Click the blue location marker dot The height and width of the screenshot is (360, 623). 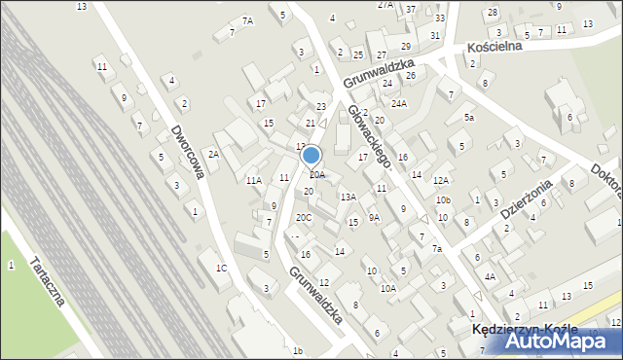pos(311,155)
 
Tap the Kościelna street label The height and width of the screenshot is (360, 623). pos(495,46)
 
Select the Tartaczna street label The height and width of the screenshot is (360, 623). pos(48,281)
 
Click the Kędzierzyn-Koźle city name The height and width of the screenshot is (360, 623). pos(517,330)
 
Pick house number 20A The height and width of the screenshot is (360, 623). pos(317,175)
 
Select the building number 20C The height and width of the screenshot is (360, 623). pos(304,217)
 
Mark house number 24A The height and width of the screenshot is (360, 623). pos(398,103)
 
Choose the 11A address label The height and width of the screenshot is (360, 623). pos(254,181)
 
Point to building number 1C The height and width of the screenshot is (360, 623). pos(222,268)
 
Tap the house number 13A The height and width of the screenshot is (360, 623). pos(348,198)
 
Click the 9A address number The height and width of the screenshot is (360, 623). pos(374,218)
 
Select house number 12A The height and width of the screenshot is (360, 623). pos(441,180)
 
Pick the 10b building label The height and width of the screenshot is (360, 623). pos(443,200)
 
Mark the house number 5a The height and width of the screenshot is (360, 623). pos(468,118)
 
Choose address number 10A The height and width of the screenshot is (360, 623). pos(388,288)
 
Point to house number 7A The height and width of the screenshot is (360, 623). pos(247,20)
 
